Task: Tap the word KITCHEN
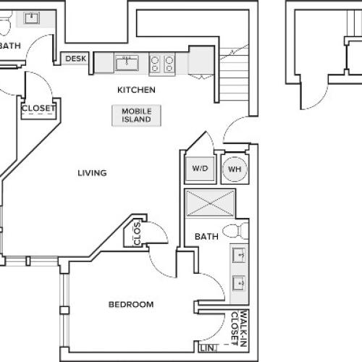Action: (x=138, y=90)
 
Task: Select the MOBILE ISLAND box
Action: (x=136, y=115)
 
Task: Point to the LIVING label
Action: (x=92, y=173)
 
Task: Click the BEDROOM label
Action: (x=131, y=305)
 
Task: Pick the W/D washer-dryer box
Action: (x=199, y=169)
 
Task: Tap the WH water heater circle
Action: (x=235, y=169)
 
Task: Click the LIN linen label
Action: (x=206, y=348)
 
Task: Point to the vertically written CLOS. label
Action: (x=138, y=233)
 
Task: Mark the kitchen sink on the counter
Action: (x=127, y=63)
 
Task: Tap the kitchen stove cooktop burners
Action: (x=162, y=64)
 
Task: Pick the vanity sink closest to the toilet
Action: (x=239, y=256)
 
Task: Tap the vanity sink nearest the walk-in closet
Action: (x=239, y=283)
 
